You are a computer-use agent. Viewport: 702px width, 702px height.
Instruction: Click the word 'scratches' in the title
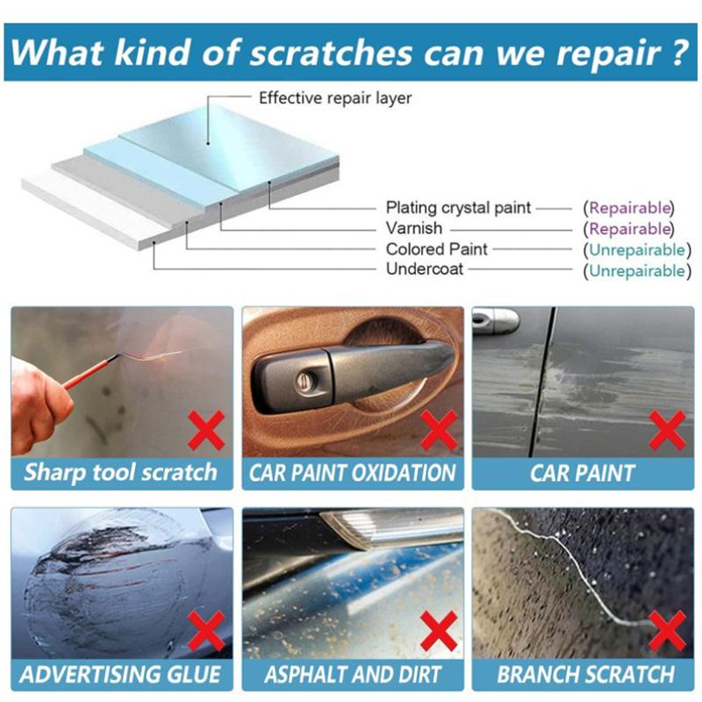coord(333,52)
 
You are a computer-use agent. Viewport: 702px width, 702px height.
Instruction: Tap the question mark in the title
coord(676,52)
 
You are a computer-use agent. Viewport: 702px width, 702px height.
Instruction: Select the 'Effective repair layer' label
coord(334,98)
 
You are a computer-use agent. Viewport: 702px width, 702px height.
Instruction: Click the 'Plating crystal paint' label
coord(458,208)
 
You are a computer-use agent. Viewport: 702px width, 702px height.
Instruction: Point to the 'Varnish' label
coord(414,229)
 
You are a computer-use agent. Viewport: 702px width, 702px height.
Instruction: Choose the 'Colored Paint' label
coord(437,250)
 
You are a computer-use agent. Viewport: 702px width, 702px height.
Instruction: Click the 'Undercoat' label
coord(425,270)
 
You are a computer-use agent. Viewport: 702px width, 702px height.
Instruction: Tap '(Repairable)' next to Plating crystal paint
coord(630,208)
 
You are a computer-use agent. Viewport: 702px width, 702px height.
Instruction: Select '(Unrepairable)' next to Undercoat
coord(636,270)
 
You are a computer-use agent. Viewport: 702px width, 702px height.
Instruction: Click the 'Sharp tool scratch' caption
coord(120,473)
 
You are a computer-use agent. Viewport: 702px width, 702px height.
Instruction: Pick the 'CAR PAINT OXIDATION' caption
coord(353,473)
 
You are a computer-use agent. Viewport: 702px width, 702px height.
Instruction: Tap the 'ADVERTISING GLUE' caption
coord(120,676)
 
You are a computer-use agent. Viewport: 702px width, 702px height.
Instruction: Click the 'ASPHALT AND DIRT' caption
coord(353,676)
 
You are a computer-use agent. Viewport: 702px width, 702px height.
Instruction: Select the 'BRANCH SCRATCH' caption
coord(584,676)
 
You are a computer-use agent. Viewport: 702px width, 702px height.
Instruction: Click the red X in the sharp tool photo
coord(207,432)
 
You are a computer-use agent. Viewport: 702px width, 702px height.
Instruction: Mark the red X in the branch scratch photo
coord(668,633)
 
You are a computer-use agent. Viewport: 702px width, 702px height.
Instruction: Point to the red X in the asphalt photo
coord(438,633)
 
